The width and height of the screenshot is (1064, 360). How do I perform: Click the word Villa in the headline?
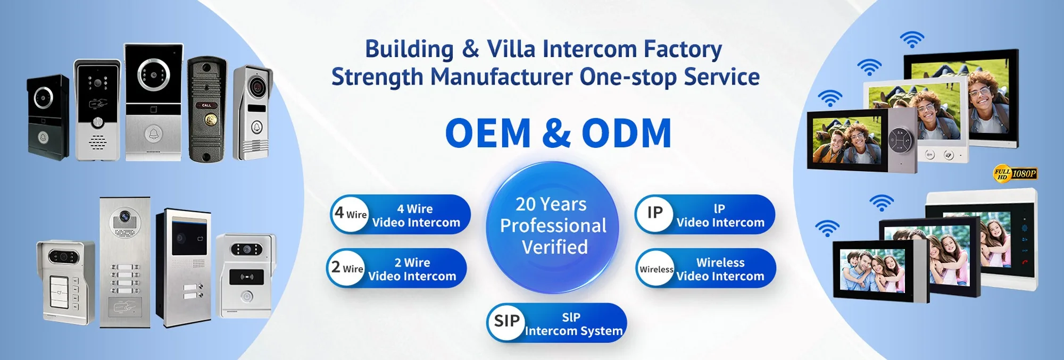click(x=511, y=49)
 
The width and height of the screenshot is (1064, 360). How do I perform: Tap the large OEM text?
click(x=488, y=133)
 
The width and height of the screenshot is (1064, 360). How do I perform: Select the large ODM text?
click(x=627, y=133)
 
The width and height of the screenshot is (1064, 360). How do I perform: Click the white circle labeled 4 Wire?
click(x=351, y=214)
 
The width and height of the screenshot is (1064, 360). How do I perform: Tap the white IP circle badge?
click(x=655, y=214)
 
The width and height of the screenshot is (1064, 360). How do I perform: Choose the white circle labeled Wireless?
click(x=656, y=269)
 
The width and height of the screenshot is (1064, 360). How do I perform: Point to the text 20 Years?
click(x=551, y=204)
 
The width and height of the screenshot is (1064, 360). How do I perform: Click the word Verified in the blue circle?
click(x=555, y=247)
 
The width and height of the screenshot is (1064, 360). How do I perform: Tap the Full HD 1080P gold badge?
click(x=1015, y=173)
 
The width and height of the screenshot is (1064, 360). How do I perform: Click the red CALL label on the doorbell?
click(x=206, y=105)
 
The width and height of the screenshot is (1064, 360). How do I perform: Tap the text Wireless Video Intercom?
click(x=720, y=269)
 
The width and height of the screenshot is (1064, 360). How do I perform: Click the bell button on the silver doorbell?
click(x=153, y=133)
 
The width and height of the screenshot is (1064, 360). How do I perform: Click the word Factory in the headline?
click(x=683, y=49)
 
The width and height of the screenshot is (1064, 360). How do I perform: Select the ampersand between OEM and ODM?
click(x=556, y=133)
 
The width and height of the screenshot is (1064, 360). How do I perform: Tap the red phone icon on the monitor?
click(x=1025, y=262)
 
